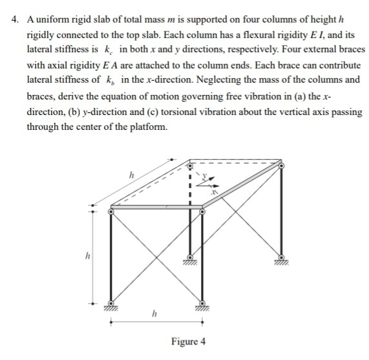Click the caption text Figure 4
[189, 341]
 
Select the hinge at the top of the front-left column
[111, 210]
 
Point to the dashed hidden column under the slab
[190, 184]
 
